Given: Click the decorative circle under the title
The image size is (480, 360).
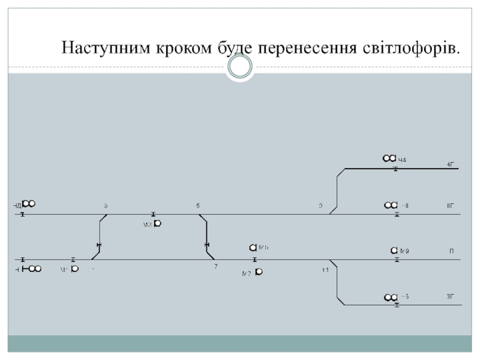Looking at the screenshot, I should pos(240,68).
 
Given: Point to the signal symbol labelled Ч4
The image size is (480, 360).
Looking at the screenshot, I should pos(389,158).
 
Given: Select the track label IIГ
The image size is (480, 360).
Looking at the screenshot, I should pos(451,206).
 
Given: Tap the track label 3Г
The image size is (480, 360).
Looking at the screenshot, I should pos(451,296).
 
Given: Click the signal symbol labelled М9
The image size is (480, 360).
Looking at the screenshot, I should pos(394,250).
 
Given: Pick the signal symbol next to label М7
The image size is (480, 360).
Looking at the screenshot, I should pos(258,272).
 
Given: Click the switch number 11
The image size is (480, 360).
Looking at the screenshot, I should pos(325,271).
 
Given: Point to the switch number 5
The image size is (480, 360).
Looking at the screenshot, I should pos(197,206).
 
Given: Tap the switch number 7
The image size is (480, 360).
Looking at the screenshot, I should pos(215,266).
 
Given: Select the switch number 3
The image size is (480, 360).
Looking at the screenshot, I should pos(106,206).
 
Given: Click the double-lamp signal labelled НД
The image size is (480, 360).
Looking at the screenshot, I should pos(29,203).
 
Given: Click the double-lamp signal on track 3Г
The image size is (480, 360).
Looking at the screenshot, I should pos(391,297).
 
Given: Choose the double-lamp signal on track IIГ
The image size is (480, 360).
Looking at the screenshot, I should pos(391,206).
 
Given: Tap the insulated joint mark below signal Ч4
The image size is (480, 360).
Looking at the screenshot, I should pos(395,169).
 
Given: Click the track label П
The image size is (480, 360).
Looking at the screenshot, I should pos(451,251).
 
